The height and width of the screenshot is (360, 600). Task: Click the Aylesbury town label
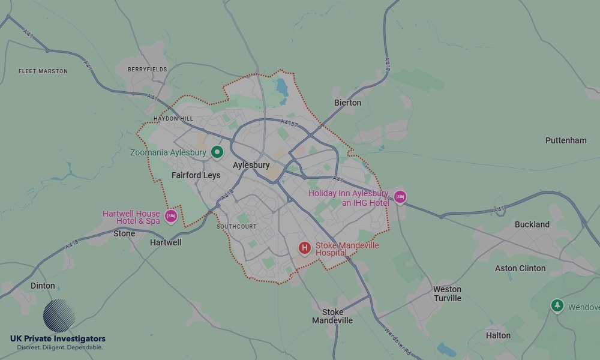pyautogui.click(x=251, y=165)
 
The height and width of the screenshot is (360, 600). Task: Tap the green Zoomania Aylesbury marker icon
pyautogui.click(x=217, y=152)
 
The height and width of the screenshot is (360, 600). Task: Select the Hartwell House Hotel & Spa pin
pyautogui.click(x=171, y=216)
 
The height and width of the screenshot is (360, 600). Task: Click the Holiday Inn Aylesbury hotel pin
pyautogui.click(x=400, y=197)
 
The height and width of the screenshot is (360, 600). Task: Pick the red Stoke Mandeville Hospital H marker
pyautogui.click(x=305, y=248)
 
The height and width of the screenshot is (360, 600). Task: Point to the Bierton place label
pyautogui.click(x=347, y=103)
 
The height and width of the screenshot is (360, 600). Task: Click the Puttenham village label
pyautogui.click(x=566, y=140)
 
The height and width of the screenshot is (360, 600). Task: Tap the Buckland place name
pyautogui.click(x=532, y=224)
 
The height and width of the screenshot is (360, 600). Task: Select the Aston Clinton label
pyautogui.click(x=520, y=268)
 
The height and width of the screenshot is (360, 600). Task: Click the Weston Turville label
pyautogui.click(x=448, y=293)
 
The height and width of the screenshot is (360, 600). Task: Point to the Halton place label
pyautogui.click(x=498, y=335)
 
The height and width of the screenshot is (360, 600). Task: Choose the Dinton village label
pyautogui.click(x=43, y=286)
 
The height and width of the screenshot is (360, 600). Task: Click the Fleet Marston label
pyautogui.click(x=43, y=71)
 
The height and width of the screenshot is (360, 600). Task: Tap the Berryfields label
pyautogui.click(x=147, y=70)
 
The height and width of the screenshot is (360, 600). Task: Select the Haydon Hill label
pyautogui.click(x=173, y=119)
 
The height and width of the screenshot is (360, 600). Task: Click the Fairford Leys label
pyautogui.click(x=196, y=176)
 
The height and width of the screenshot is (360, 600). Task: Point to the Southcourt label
pyautogui.click(x=236, y=227)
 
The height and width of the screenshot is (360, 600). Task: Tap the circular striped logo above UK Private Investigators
pyautogui.click(x=59, y=316)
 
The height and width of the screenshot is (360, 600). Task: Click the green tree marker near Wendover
pyautogui.click(x=557, y=306)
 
